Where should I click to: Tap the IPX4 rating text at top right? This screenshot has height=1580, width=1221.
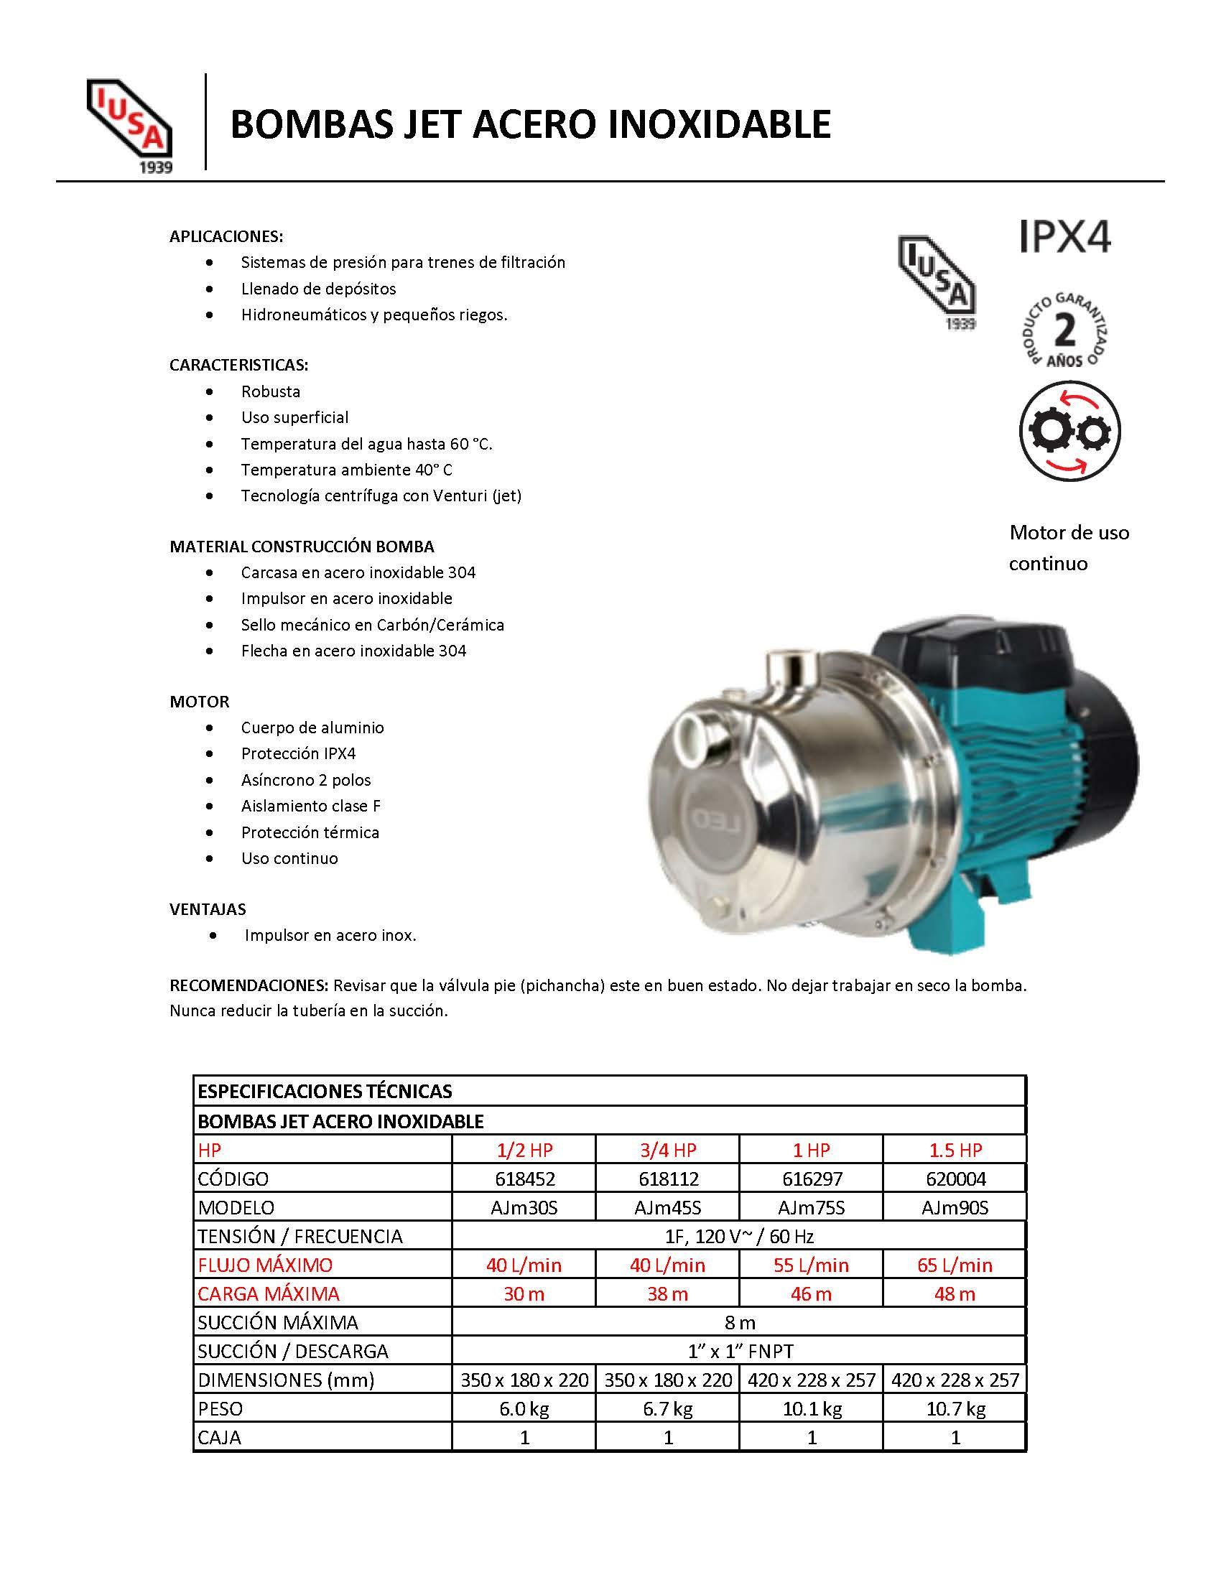(1064, 236)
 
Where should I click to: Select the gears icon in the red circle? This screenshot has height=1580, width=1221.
(1069, 431)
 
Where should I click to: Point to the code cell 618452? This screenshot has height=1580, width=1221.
(524, 1179)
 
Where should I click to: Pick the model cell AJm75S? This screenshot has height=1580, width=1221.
(811, 1208)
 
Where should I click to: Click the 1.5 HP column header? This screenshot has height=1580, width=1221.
(955, 1151)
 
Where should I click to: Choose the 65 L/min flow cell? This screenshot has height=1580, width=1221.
(955, 1265)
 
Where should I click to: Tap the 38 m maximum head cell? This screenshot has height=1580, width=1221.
(668, 1293)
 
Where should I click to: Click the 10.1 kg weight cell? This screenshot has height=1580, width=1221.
(811, 1408)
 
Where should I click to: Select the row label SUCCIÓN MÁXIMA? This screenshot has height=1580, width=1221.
(278, 1322)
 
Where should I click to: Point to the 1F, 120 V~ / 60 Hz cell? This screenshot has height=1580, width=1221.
(738, 1237)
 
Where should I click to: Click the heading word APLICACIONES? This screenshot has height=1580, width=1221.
(226, 236)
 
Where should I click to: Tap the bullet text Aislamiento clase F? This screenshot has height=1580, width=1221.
(311, 806)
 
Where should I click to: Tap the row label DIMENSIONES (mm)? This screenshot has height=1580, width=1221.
(286, 1380)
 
